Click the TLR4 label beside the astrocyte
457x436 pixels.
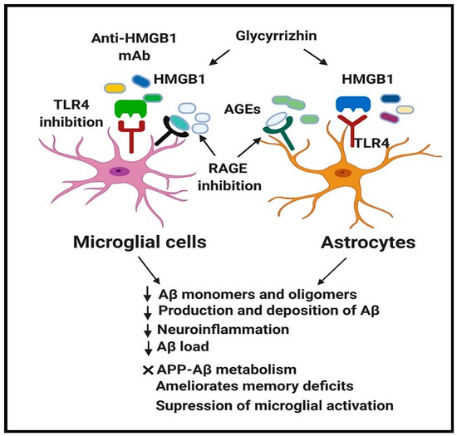coord(368,144)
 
